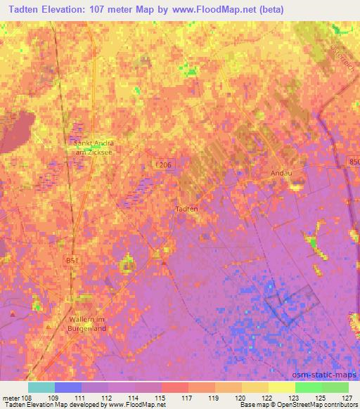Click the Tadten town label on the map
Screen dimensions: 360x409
[186, 209]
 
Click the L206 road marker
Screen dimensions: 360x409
[164, 164]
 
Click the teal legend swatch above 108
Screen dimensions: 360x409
[41, 387]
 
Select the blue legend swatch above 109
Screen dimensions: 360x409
[68, 387]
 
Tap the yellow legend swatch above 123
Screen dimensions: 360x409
[282, 387]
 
